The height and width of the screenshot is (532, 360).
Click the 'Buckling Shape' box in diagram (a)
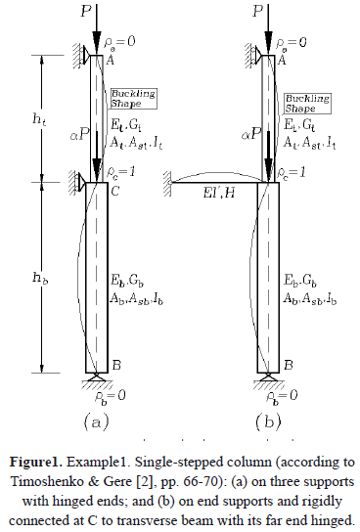[134, 99]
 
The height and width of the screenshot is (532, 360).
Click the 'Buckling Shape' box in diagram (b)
[307, 104]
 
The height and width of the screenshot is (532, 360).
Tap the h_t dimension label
[39, 119]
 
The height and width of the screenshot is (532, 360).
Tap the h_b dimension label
[40, 278]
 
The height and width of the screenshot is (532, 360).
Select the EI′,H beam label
[219, 193]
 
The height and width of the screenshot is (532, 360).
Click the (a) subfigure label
[96, 421]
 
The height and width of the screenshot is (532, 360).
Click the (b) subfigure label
[268, 421]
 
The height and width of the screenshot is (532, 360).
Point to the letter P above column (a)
[86, 11]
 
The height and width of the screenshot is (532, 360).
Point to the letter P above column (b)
[258, 11]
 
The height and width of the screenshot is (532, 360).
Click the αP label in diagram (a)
[80, 135]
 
